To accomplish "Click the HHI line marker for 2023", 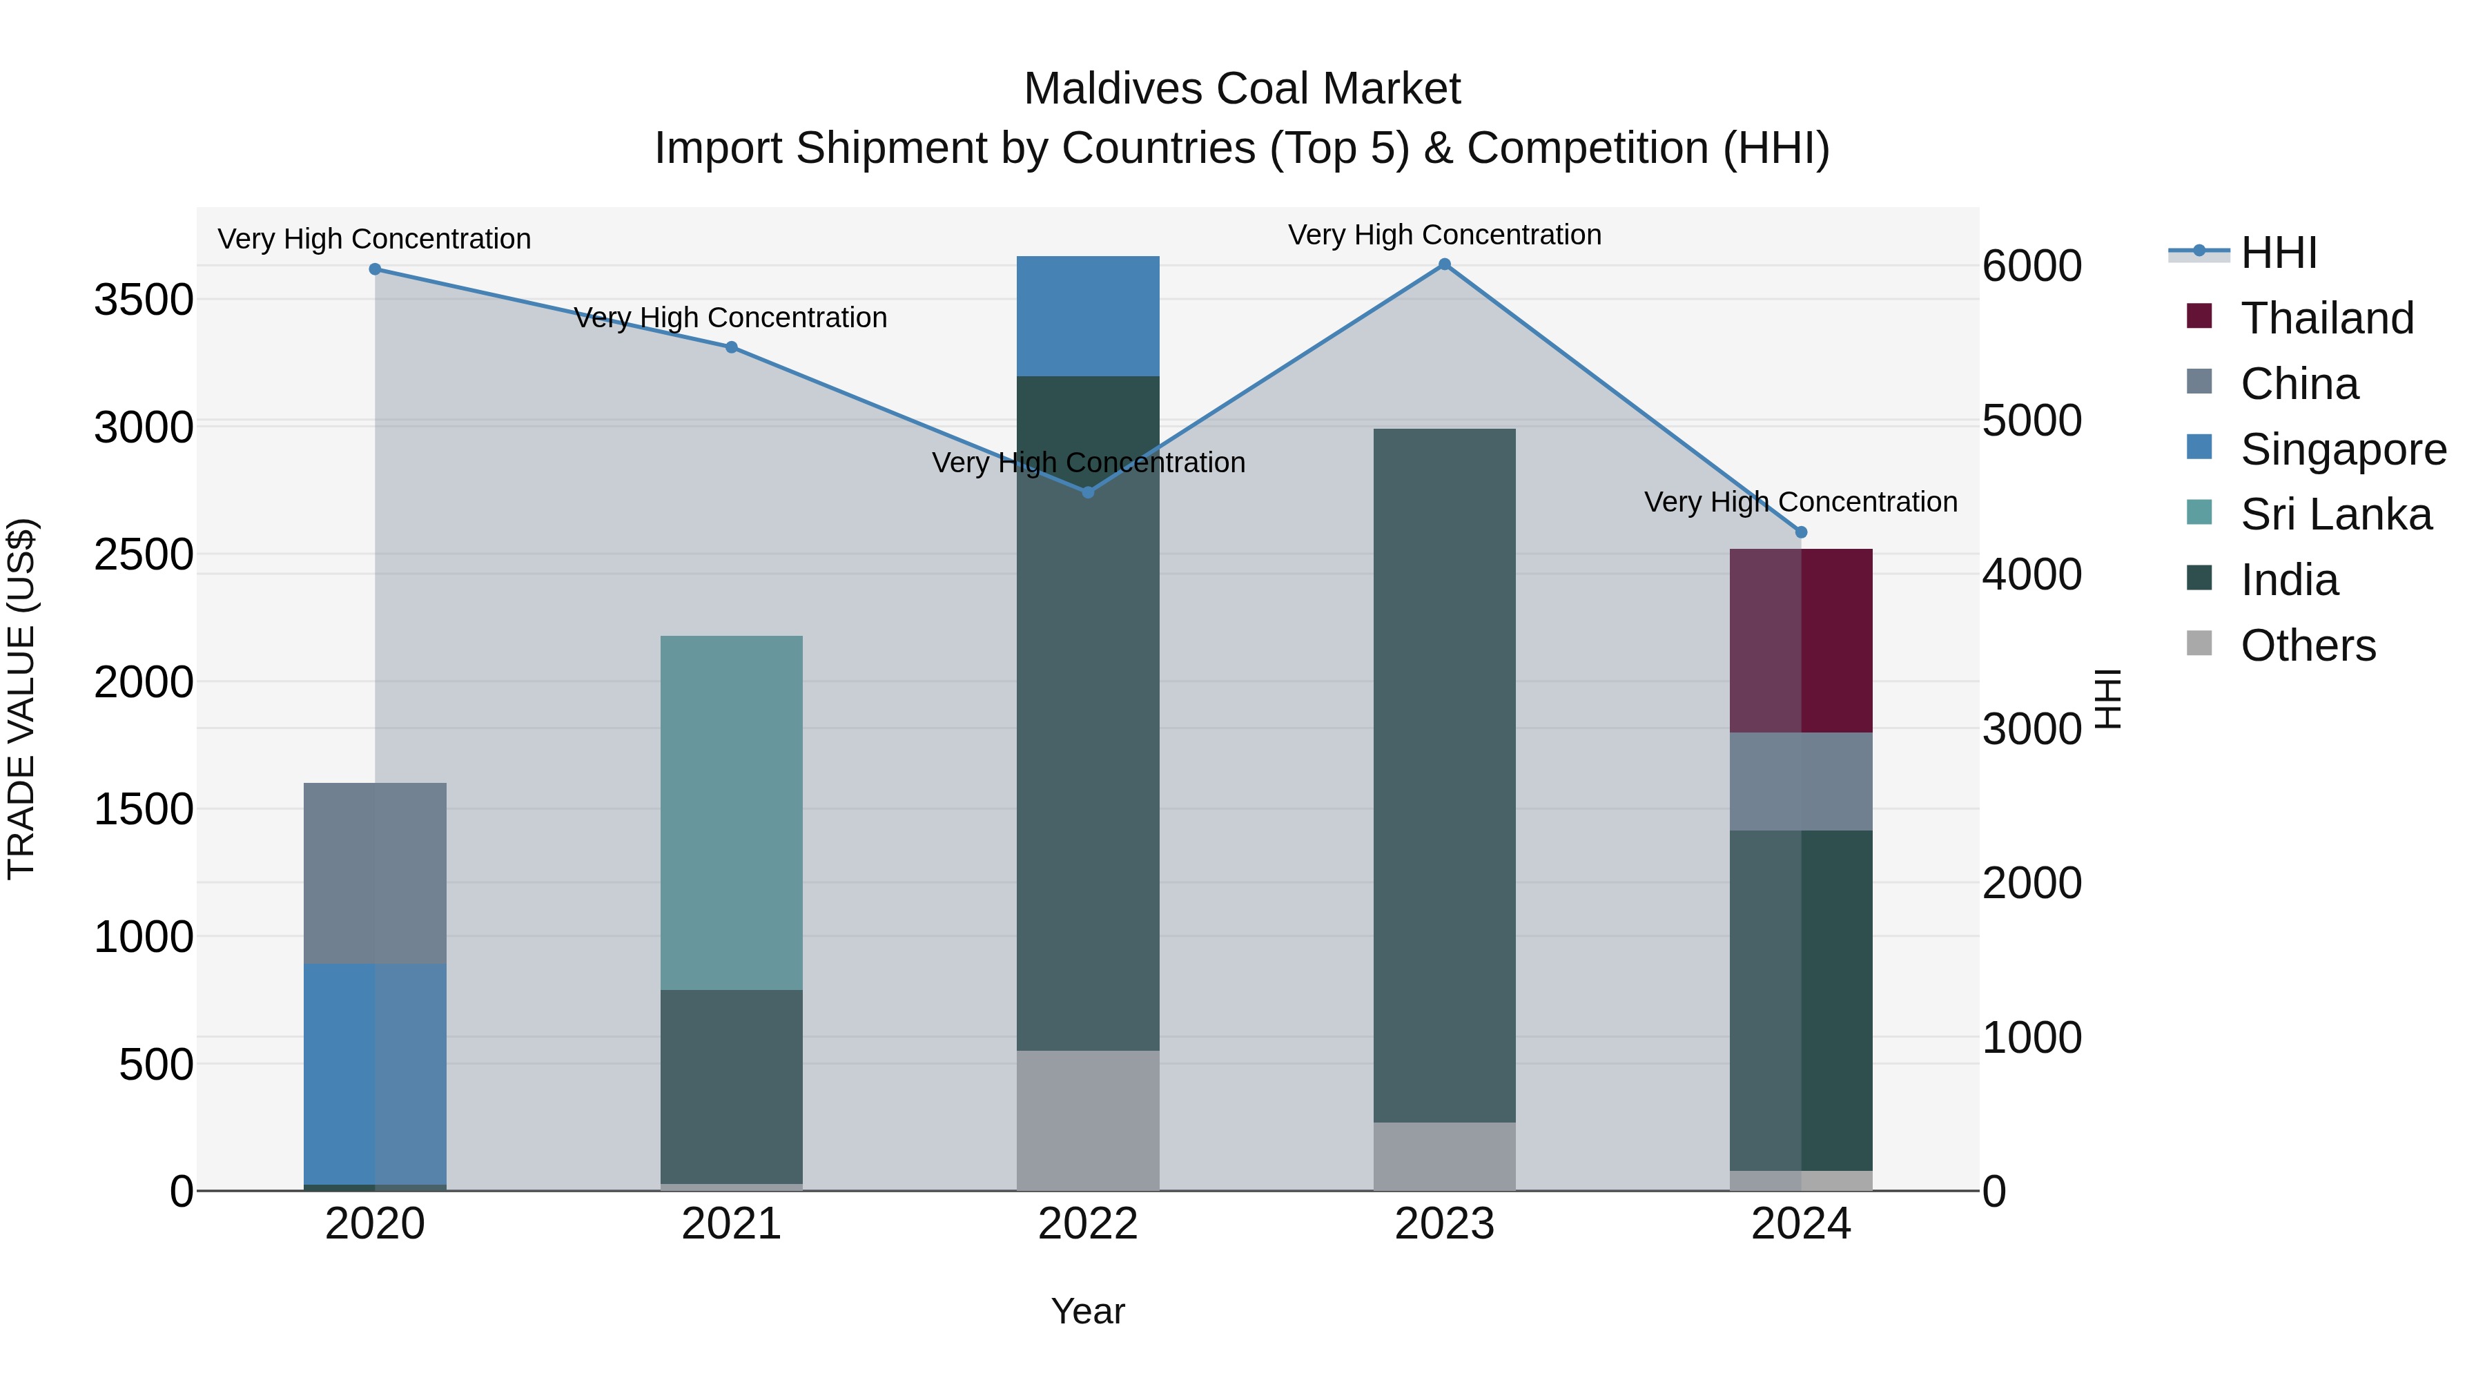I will (x=1444, y=264).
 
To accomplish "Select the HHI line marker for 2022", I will (x=1088, y=492).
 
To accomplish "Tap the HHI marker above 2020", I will (x=376, y=269).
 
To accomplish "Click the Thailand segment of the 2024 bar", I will (x=1800, y=641).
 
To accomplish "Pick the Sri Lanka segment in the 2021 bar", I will (x=731, y=813).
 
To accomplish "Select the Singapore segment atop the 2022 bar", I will (x=1088, y=316).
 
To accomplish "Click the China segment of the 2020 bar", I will (x=376, y=873).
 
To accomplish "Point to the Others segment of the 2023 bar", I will (x=1444, y=1156).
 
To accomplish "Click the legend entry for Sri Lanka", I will (x=2335, y=514).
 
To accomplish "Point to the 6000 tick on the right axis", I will (x=2031, y=266).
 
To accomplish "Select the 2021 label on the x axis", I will (x=731, y=1224).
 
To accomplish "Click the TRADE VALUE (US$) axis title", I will (x=22, y=699).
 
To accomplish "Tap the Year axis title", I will (x=1087, y=1311).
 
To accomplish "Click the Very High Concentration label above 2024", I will (x=1800, y=502).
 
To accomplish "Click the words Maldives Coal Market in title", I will (x=1242, y=89).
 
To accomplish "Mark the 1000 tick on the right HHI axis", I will (x=2031, y=1038).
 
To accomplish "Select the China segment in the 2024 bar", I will (x=1800, y=781).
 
